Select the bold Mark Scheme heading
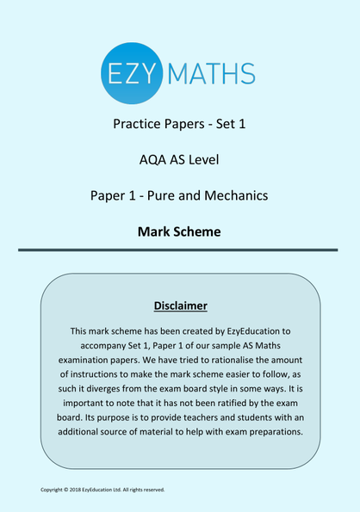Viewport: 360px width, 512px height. (x=179, y=231)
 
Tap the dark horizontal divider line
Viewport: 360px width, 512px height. (x=179, y=250)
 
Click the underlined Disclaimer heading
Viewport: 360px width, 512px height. (x=180, y=305)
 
